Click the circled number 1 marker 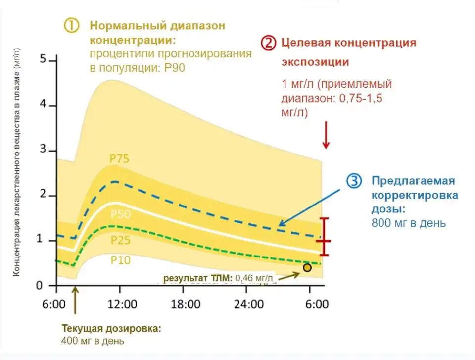click(x=72, y=25)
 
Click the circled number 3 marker click(x=354, y=181)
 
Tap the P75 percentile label click(x=119, y=159)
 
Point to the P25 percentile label click(x=120, y=241)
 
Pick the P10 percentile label click(x=120, y=260)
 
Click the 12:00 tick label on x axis click(x=122, y=304)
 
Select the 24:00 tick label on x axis click(x=249, y=304)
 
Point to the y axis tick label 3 click(x=43, y=150)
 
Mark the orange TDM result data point click(x=307, y=268)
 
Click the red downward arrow click(x=326, y=136)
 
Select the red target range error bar click(x=324, y=237)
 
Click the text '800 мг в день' click(x=408, y=223)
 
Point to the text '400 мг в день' click(x=93, y=341)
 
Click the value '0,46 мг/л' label click(x=254, y=278)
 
